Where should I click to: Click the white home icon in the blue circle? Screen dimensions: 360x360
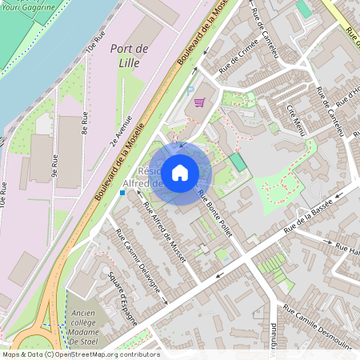(x=180, y=172)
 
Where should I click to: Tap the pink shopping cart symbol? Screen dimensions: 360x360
(x=199, y=102)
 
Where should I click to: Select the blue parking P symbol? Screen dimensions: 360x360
(x=190, y=91)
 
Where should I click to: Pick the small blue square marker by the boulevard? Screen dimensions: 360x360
(x=122, y=193)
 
